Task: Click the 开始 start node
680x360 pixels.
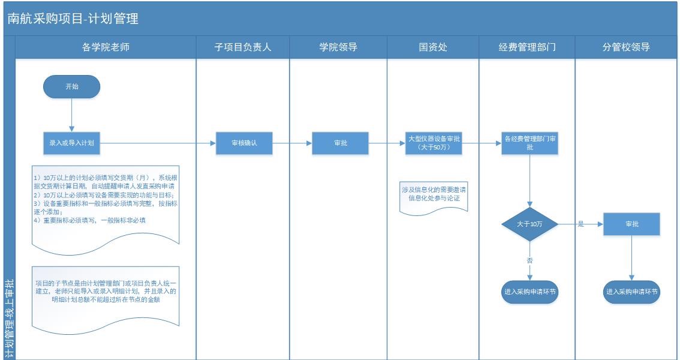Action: (x=71, y=86)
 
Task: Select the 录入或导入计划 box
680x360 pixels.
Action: (x=71, y=143)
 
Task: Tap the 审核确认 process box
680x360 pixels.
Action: (x=244, y=143)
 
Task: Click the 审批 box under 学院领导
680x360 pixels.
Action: (x=340, y=143)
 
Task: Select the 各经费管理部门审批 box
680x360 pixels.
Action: (x=530, y=143)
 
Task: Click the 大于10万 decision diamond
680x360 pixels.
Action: (x=530, y=224)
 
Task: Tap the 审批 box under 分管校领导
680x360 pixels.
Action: (x=631, y=224)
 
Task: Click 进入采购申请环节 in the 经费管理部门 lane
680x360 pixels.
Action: (x=530, y=292)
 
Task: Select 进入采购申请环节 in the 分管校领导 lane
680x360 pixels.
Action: (x=631, y=292)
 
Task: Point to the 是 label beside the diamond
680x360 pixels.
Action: (x=580, y=224)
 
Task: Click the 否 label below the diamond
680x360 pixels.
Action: (x=529, y=260)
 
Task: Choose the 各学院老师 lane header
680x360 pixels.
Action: (x=106, y=47)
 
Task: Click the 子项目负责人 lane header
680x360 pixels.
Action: (x=243, y=47)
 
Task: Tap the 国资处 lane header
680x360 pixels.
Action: (x=433, y=47)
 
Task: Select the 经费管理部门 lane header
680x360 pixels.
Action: (x=527, y=47)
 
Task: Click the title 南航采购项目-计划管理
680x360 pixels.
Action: (x=73, y=19)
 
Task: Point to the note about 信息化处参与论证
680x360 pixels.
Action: (x=434, y=194)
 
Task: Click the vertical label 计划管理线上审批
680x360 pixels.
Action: (x=8, y=318)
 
